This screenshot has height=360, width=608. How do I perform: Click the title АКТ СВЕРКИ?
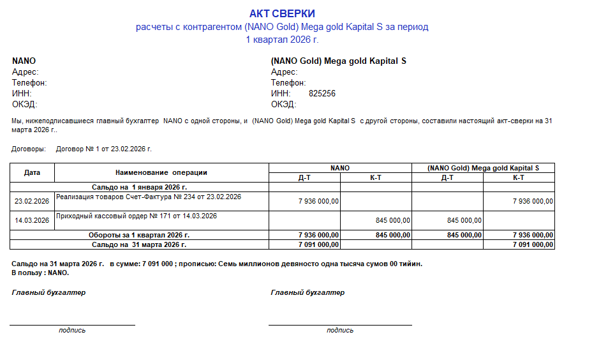(x=282, y=13)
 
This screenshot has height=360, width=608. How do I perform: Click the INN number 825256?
(x=322, y=93)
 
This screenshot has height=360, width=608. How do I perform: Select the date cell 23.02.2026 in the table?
(x=32, y=201)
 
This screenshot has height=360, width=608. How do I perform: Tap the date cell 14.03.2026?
(x=32, y=220)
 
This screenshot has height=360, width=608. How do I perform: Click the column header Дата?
(x=32, y=172)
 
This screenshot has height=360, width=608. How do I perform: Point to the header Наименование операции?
(x=161, y=172)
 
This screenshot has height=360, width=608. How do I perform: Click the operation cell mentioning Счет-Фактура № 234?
(x=149, y=197)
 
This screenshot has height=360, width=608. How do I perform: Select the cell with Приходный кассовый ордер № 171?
(x=137, y=216)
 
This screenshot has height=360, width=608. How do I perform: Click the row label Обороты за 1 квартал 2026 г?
(x=139, y=235)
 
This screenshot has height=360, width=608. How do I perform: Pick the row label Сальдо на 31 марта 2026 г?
(x=139, y=244)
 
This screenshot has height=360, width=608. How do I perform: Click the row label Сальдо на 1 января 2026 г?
(x=139, y=188)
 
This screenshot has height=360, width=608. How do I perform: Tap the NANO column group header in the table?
(x=340, y=168)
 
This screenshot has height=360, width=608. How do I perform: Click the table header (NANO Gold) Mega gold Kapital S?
(x=483, y=168)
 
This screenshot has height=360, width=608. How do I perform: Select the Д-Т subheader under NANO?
(x=304, y=177)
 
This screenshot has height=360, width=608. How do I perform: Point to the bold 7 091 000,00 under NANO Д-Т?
(x=318, y=244)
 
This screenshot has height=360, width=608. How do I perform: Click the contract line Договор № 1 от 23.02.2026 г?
(x=104, y=149)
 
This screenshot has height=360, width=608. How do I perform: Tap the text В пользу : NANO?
(x=40, y=273)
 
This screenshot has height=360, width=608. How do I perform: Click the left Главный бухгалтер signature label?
(x=48, y=292)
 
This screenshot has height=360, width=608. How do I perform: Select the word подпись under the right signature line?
(x=340, y=330)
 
